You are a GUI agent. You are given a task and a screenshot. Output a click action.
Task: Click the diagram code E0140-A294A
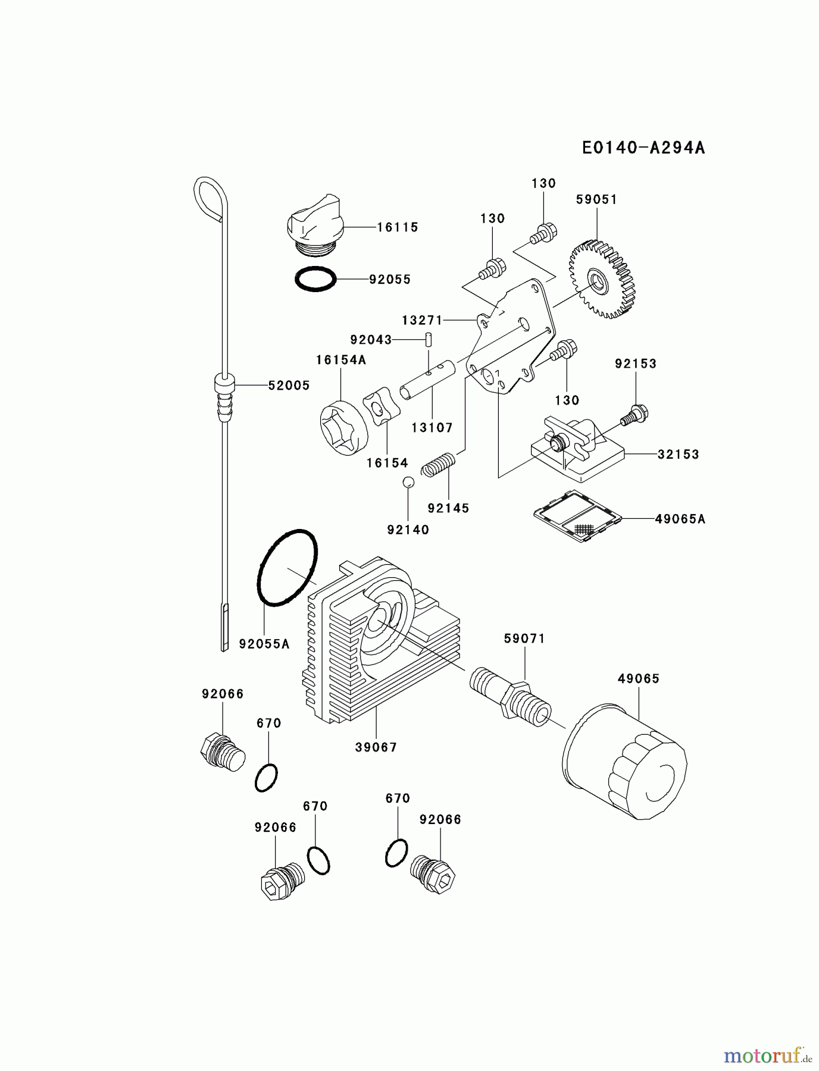[643, 148]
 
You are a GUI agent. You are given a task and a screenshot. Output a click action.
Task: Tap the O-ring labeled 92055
[315, 279]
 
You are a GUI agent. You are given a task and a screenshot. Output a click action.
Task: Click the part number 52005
[289, 386]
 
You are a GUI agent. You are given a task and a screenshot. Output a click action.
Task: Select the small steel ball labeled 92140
[408, 483]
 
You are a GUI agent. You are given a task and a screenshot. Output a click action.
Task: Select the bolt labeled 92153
[635, 415]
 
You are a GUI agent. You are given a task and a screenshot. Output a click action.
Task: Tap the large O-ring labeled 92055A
[287, 568]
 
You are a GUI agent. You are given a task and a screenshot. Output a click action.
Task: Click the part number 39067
[376, 747]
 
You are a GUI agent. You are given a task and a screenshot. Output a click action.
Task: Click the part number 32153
[678, 455]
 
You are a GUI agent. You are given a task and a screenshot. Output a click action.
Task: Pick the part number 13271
[422, 320]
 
